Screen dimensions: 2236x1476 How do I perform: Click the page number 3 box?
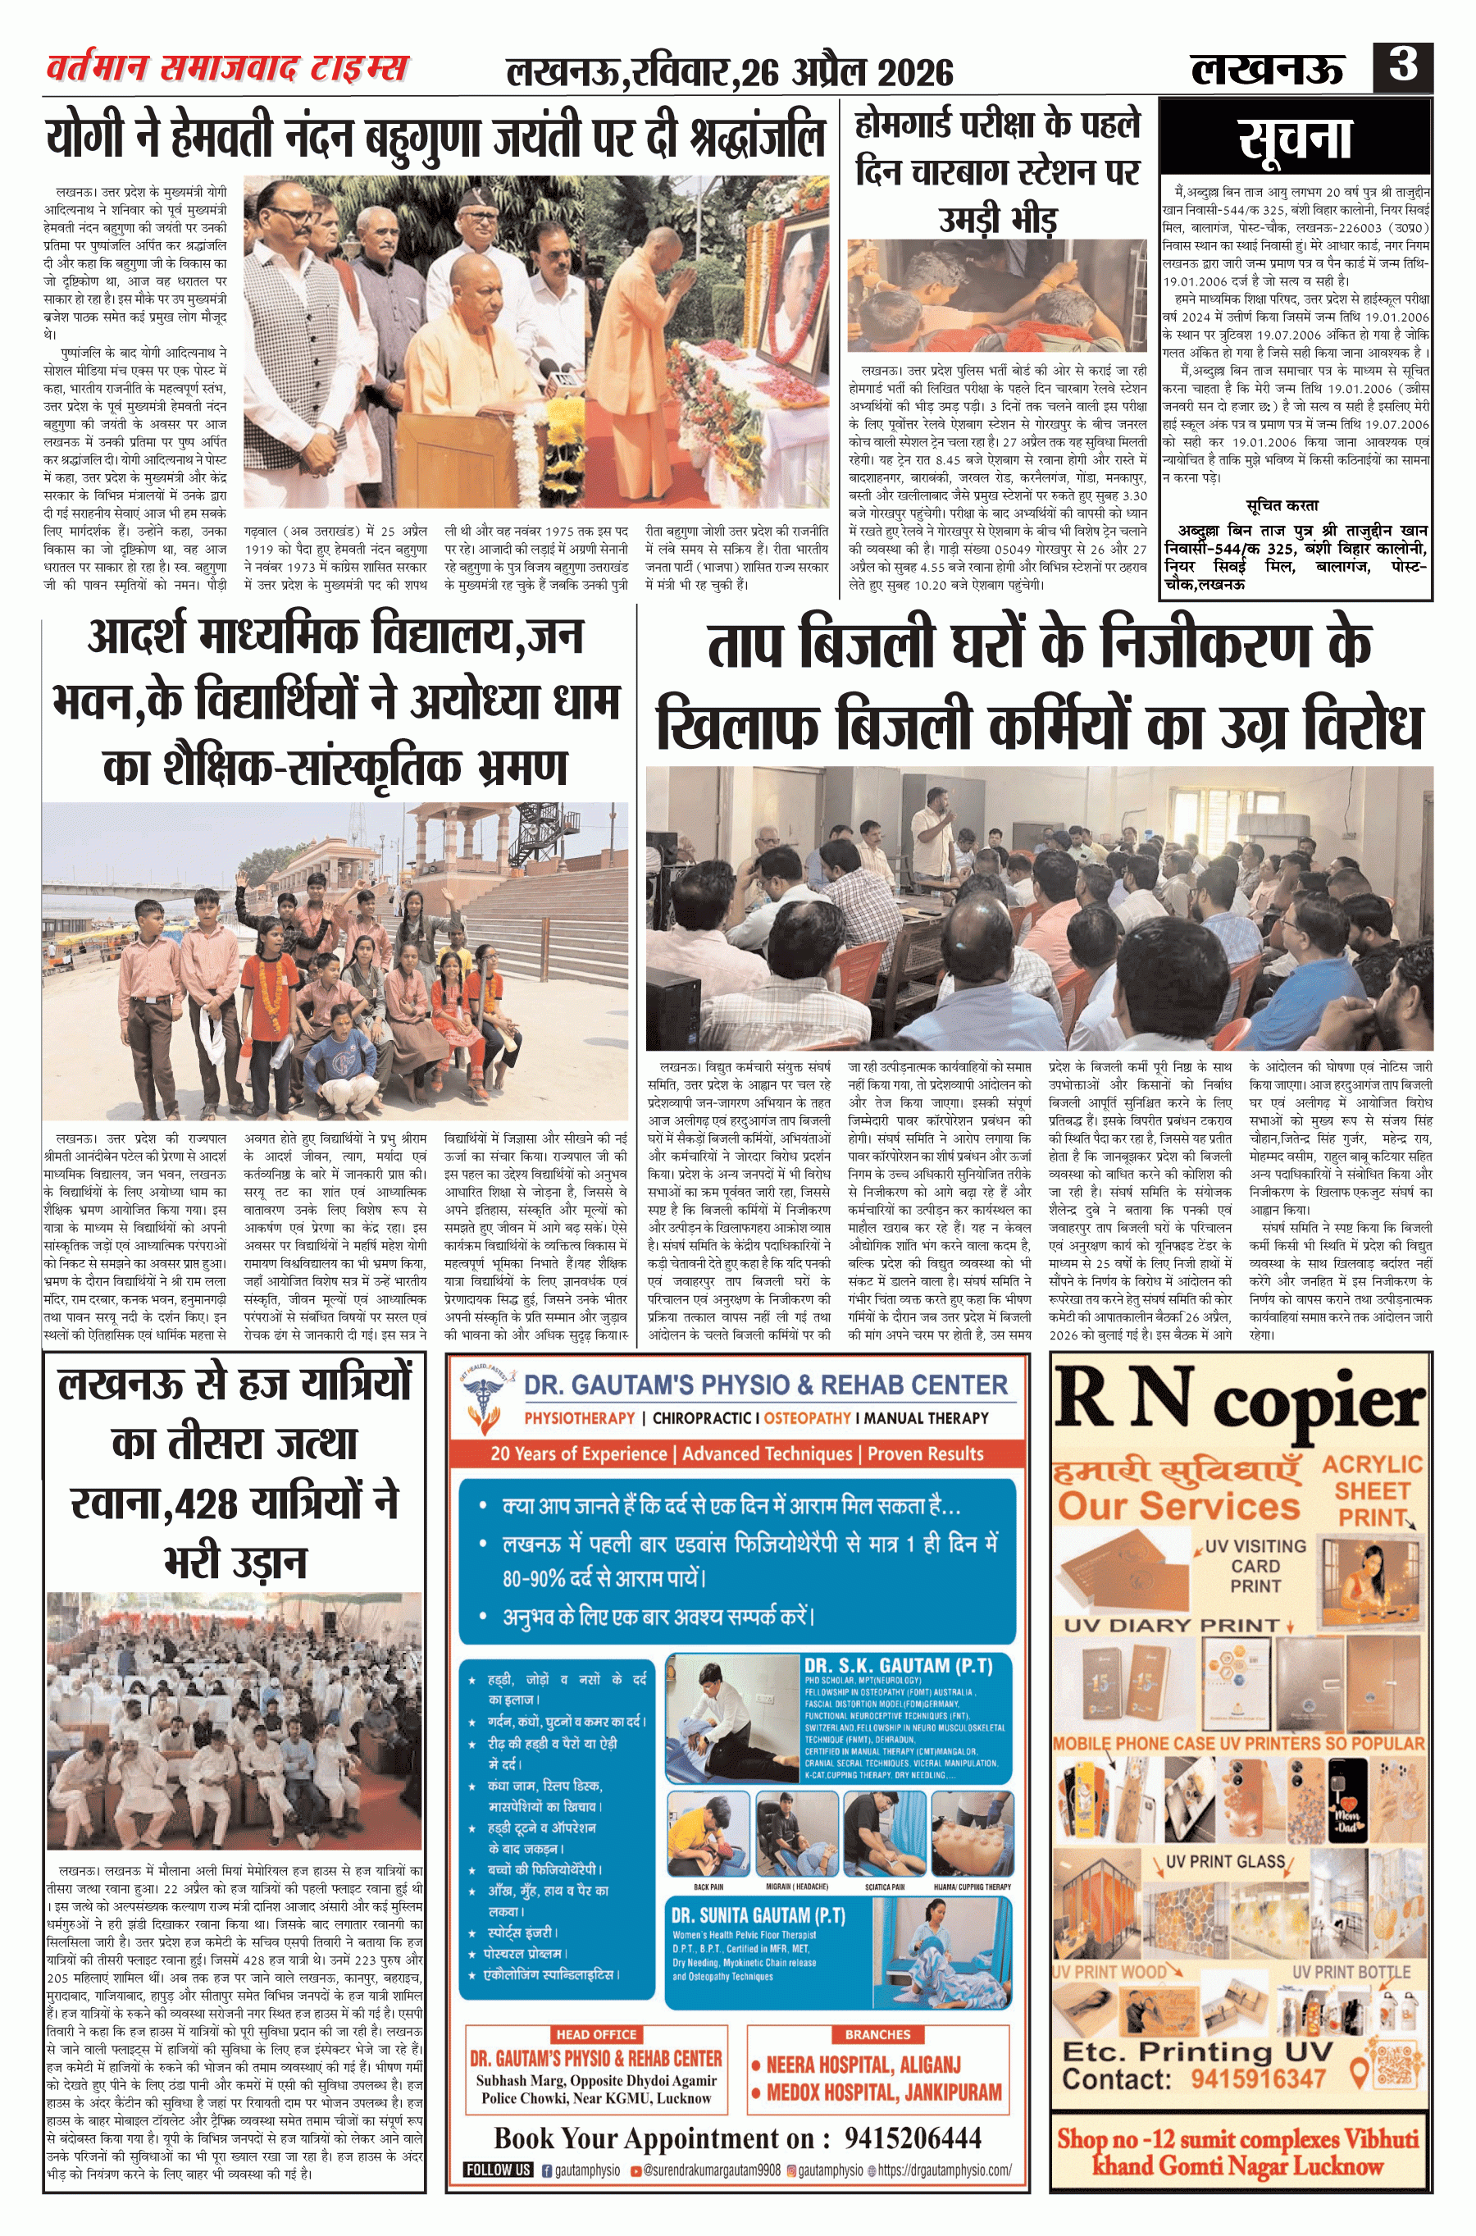coord(1402,66)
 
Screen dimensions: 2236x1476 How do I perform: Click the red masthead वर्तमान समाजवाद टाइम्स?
coord(227,69)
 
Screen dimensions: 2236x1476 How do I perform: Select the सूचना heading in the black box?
coord(1296,139)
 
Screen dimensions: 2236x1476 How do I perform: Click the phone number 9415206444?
coord(912,2138)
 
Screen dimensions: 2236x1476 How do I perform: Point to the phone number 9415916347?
coord(1258,2078)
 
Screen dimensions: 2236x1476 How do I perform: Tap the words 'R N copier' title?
coord(1239,1402)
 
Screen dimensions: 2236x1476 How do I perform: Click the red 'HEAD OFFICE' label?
coord(596,2034)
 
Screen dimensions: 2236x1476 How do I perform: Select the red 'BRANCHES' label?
coord(877,2034)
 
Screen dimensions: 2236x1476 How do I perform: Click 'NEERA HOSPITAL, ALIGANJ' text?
coord(863,2065)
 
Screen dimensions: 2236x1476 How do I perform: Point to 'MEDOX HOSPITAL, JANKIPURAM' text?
coord(883,2092)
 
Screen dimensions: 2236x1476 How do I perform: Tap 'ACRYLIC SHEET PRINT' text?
coord(1372,1491)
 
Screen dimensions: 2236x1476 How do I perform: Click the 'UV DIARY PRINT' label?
coord(1172,1625)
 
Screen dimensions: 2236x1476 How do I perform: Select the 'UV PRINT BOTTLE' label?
coord(1351,1971)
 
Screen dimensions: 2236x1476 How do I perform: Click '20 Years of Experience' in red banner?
coord(578,1453)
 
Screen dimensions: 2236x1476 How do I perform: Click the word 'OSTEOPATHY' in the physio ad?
coord(807,1418)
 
